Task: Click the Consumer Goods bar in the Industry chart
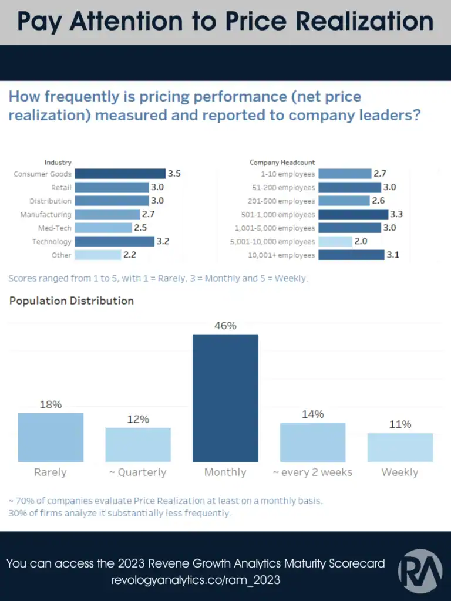[x=120, y=174]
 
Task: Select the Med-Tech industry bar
[x=103, y=228]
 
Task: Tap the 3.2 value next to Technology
[x=163, y=241]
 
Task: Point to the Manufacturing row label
[x=46, y=215]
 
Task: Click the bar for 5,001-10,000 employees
[x=335, y=241]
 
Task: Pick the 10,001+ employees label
[x=282, y=255]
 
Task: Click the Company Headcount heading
[x=282, y=162]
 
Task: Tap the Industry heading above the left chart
[x=58, y=162]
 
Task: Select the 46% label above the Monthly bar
[x=225, y=325]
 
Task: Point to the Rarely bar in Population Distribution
[x=51, y=437]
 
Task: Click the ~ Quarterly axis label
[x=138, y=472]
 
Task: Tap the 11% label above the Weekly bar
[x=400, y=424]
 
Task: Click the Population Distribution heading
[x=72, y=300]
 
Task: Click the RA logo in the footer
[x=420, y=571]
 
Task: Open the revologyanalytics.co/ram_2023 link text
[x=196, y=580]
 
